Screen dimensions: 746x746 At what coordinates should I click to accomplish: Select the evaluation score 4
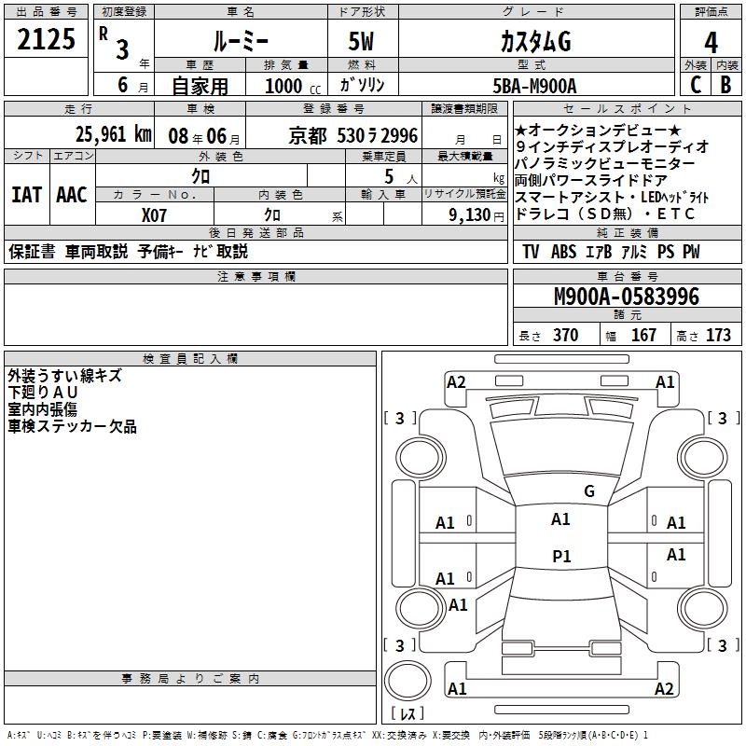(711, 42)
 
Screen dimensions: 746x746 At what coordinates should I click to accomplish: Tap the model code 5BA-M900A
(534, 86)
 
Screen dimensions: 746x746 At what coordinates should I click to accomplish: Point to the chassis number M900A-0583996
(626, 297)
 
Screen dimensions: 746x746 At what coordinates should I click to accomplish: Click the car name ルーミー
(240, 42)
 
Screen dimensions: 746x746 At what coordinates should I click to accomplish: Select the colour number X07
(155, 214)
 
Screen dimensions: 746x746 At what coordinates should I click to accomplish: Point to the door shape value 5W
(363, 42)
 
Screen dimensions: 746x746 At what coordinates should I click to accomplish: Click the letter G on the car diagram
(588, 491)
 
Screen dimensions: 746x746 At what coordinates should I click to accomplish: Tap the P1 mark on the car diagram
(561, 557)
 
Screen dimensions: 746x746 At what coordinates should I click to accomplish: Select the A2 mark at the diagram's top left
(456, 381)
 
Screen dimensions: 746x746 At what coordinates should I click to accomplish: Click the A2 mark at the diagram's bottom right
(664, 688)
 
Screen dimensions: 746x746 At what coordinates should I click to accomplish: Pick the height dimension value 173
(718, 335)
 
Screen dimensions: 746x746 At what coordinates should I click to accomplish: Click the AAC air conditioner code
(72, 195)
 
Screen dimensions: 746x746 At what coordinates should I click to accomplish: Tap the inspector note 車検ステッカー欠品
(72, 426)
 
